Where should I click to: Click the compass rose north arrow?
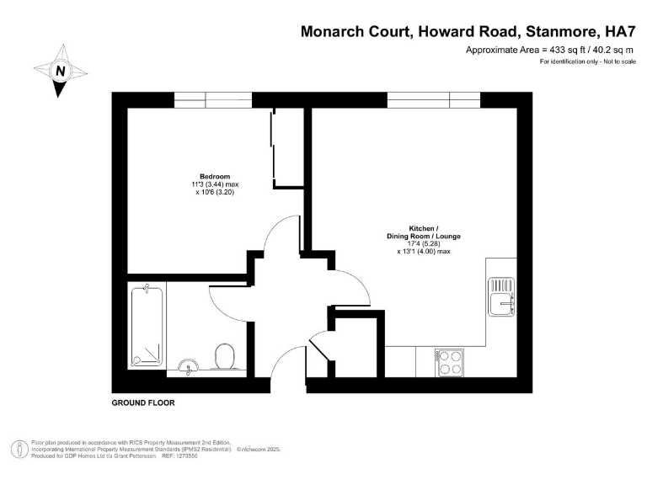click(60, 71)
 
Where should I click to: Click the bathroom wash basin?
click(188, 365)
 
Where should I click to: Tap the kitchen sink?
click(503, 295)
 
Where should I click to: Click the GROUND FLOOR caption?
click(143, 403)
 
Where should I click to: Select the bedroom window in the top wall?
click(207, 99)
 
